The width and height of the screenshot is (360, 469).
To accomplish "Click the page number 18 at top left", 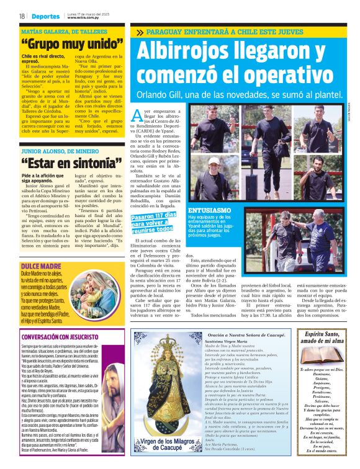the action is click(22, 16).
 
